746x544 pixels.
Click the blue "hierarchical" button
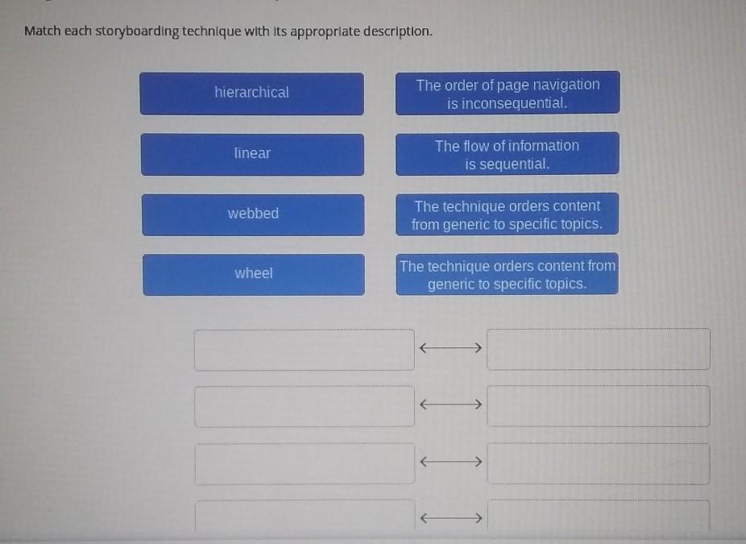[x=251, y=93]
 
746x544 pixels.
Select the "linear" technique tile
[x=252, y=153]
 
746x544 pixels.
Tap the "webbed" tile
[x=253, y=214]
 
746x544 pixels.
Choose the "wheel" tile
[x=254, y=273]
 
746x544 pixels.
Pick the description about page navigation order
[x=508, y=93]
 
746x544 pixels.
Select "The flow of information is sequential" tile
[x=507, y=154]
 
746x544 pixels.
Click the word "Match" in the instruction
[x=42, y=31]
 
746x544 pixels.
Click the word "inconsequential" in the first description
[x=507, y=104]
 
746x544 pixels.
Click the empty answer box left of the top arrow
[x=305, y=349]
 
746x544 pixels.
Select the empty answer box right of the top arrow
[x=599, y=349]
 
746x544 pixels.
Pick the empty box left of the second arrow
[x=305, y=406]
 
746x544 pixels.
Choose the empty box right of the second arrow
[x=599, y=406]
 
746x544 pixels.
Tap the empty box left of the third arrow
[x=305, y=463]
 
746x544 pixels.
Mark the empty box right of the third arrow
[x=599, y=463]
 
